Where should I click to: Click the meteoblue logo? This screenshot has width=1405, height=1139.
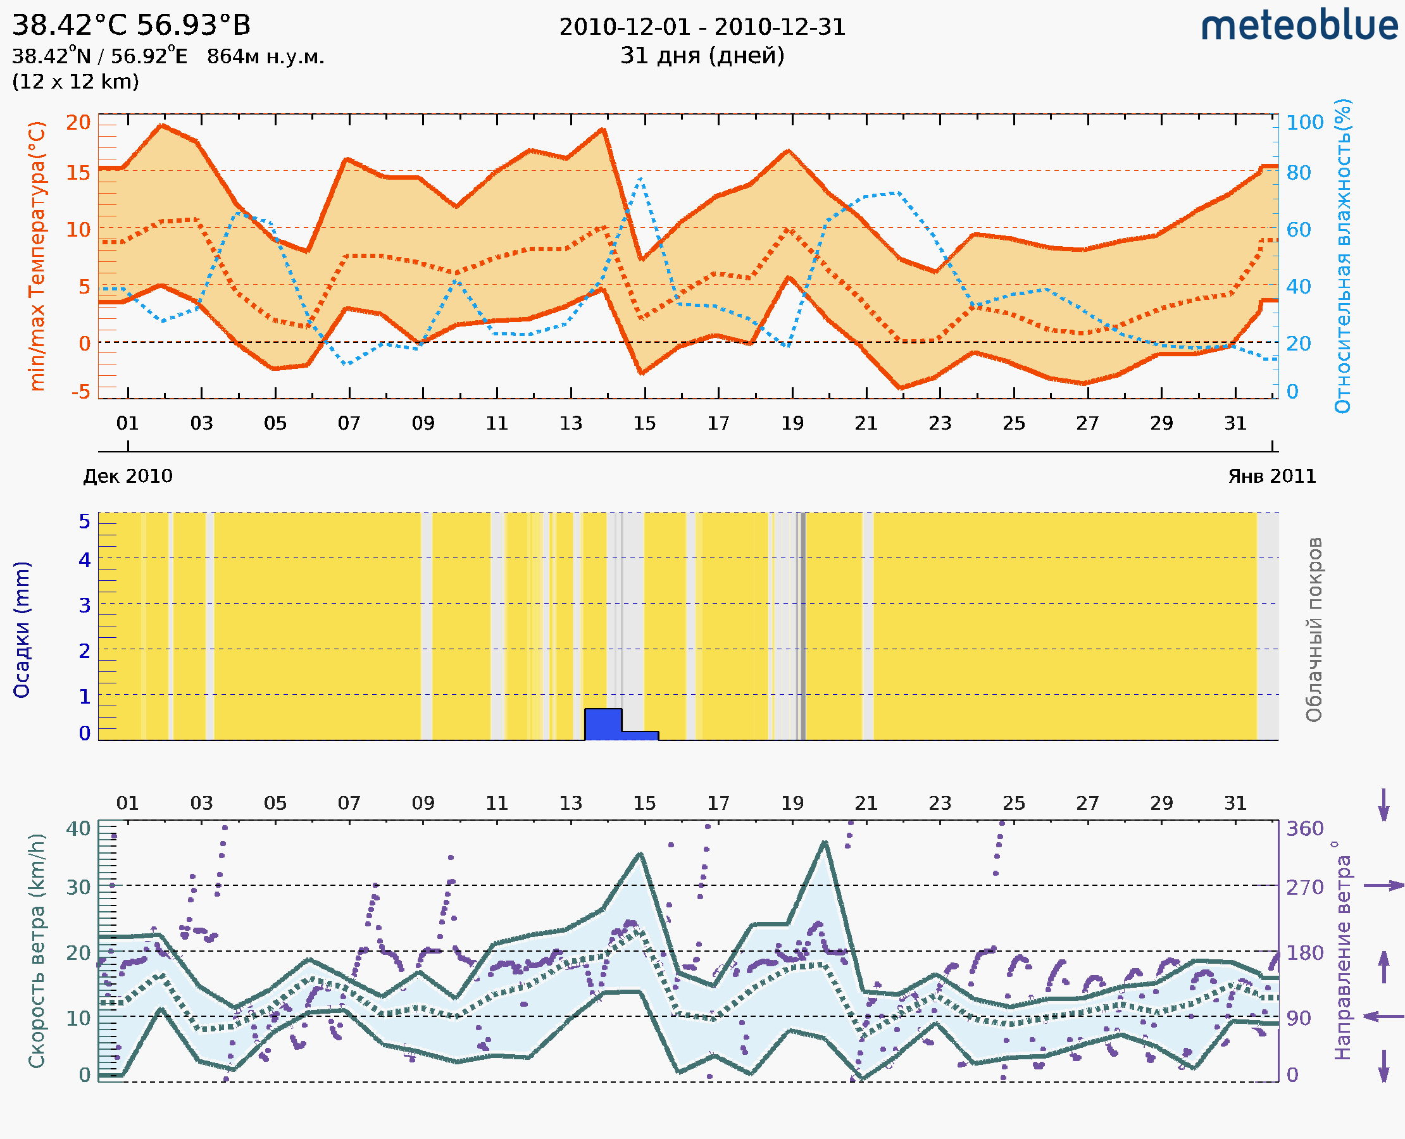tap(1299, 26)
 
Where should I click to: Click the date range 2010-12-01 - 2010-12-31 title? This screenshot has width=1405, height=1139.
tap(702, 27)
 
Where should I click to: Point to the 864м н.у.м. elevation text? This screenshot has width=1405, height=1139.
tap(266, 57)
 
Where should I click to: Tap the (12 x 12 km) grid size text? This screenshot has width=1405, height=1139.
tap(75, 82)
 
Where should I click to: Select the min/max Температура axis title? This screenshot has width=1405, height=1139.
tap(37, 256)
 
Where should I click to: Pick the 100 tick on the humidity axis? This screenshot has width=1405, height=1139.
tap(1304, 123)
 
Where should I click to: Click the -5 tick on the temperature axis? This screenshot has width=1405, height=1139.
tap(80, 392)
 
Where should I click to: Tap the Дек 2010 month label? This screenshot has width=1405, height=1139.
tap(128, 476)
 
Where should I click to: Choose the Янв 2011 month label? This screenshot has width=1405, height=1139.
tap(1272, 476)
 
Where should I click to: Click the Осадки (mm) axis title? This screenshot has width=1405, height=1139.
tap(22, 630)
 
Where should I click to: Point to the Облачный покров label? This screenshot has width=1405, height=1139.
tap(1314, 630)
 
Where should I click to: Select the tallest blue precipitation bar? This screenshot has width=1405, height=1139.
tap(603, 724)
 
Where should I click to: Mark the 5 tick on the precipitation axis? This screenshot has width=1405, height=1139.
tap(85, 521)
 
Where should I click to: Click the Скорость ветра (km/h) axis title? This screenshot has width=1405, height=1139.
tap(37, 950)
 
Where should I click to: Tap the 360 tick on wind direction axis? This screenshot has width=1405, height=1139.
tap(1304, 829)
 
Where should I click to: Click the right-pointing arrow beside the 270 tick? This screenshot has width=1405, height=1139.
tap(1383, 886)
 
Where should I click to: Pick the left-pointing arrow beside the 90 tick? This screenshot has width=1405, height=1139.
tap(1383, 1016)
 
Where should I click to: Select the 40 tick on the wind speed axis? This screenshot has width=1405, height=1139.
tap(78, 829)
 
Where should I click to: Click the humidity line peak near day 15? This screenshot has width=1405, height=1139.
tap(640, 178)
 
